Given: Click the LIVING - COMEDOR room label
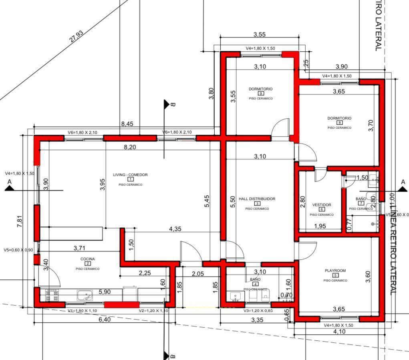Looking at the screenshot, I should pos(130,175).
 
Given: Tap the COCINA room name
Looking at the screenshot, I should pos(87,259).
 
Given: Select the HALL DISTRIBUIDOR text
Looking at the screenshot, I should pos(257,199).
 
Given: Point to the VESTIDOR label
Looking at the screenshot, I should pos(321,205).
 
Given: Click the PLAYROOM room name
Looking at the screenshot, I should pos(335,271).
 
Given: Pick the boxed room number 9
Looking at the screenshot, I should pos(261,93).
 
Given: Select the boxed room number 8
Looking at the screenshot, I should pos(339,123).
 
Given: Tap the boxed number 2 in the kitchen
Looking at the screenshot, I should pos(87,264).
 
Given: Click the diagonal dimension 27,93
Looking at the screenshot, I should pos(76,36).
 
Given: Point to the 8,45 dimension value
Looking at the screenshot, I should pos(127,124).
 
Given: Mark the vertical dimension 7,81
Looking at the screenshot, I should pos(20,221).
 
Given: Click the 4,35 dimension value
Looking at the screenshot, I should pos(175,229).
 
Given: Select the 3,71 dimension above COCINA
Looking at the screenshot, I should pos(79,248).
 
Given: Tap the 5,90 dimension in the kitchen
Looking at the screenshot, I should pos(105,292).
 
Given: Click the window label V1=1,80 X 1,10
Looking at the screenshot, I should pos(82,311).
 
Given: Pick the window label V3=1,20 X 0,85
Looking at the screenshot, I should pos(258,311).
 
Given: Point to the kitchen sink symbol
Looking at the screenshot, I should pos(84,296).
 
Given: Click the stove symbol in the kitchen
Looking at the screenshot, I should pos(52,296).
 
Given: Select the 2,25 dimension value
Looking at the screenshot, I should pos(145,273).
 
